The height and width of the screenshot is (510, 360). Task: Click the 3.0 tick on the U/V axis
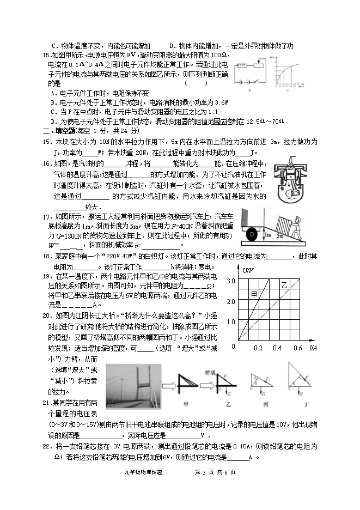point(230,280)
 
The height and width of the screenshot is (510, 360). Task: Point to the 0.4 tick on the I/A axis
point(277,348)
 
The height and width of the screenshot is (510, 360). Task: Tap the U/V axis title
point(248,270)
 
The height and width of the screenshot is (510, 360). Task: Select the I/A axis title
point(313,348)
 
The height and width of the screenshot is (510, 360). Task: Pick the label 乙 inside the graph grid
point(284,285)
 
